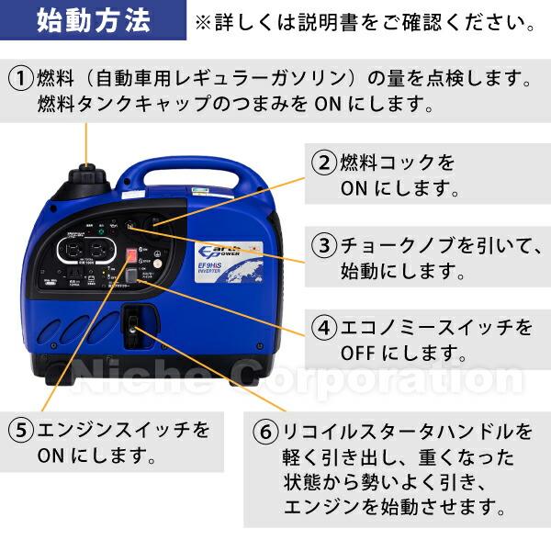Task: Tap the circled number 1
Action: [x=20, y=78]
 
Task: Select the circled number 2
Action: [x=322, y=163]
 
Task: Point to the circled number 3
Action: [x=322, y=245]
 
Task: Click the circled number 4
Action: [x=322, y=328]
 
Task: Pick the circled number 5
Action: [x=20, y=429]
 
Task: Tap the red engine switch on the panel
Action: [x=132, y=258]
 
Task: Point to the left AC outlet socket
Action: [x=71, y=250]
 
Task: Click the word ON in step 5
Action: [x=51, y=454]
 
